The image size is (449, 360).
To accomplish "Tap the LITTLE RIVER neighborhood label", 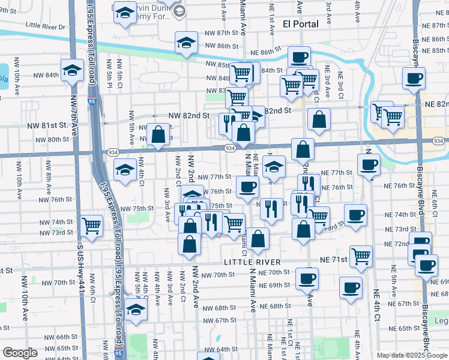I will tap(252, 262).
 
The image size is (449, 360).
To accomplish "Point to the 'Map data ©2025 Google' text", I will tap(412, 355).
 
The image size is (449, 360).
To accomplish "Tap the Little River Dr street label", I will tap(46, 27).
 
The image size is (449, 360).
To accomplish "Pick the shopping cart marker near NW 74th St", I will tap(91, 226).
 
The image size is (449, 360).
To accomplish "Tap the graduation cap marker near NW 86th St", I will tap(186, 43).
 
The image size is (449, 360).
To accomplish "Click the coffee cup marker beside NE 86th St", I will tap(299, 57).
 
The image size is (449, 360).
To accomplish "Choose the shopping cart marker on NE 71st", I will tap(361, 256).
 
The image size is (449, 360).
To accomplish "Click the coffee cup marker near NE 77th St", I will tap(369, 164).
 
